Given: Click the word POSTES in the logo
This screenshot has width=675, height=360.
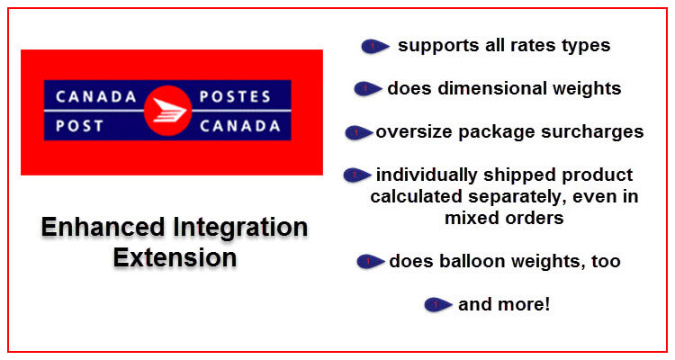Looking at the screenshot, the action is tap(235, 96).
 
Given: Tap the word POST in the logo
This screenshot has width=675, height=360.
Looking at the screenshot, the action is tap(79, 126).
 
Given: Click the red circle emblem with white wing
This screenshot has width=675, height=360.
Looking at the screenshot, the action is tap(167, 111).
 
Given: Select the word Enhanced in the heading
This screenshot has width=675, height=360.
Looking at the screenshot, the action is tap(103, 227).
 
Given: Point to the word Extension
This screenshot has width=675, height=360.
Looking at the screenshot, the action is tap(175, 257).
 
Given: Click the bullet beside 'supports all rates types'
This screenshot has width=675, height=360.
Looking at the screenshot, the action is tap(375, 46).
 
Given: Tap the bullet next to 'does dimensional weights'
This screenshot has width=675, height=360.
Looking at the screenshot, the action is tap(367, 89).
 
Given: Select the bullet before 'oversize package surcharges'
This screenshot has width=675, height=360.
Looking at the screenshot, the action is tap(358, 132).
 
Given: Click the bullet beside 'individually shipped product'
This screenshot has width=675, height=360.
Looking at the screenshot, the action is tap(357, 175).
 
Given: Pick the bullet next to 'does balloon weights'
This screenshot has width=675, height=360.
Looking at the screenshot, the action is tap(370, 261).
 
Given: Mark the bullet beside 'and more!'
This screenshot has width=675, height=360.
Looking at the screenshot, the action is tap(437, 305).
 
